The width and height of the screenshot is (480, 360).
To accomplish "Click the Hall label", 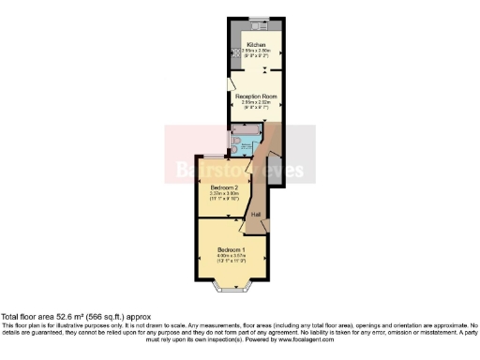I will pos(256,214).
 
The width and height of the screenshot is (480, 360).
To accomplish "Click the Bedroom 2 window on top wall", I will pos(214,154).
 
